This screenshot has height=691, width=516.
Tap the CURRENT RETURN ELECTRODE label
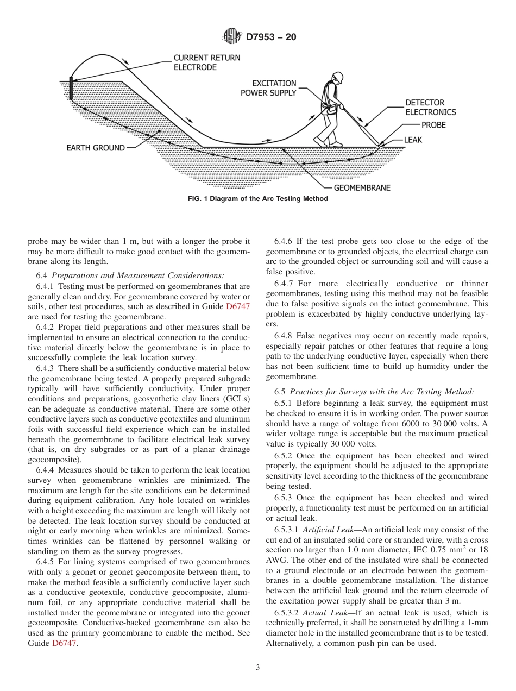point(206,62)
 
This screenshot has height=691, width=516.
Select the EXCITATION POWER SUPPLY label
point(269,88)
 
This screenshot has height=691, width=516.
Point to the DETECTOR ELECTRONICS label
point(430,107)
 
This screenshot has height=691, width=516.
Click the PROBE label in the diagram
point(433,125)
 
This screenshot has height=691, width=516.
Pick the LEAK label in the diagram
point(413,140)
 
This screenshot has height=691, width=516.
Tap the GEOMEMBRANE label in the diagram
point(361,188)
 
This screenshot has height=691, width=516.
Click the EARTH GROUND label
point(96,148)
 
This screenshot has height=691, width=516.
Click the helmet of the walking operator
point(338,76)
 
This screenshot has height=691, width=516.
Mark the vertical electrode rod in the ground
point(71,89)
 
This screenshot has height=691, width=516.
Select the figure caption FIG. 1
point(257,199)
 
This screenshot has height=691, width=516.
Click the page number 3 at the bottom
point(258,667)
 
